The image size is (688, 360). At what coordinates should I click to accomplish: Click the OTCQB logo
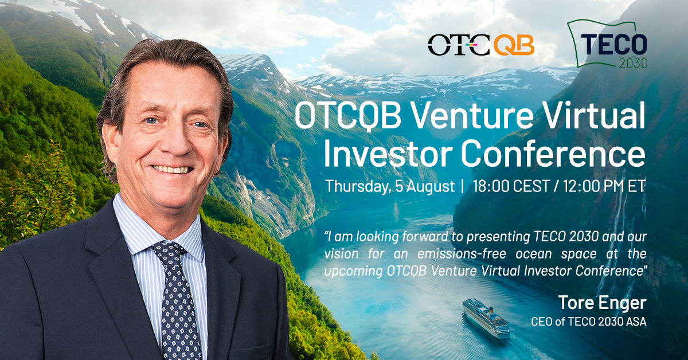481,45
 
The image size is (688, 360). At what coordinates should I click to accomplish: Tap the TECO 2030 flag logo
607,44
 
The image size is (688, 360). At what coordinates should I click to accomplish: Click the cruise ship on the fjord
486,318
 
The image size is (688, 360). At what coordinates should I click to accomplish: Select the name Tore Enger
603,303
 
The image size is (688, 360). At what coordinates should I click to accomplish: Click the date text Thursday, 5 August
390,186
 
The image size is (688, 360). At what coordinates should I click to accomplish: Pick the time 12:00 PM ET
604,186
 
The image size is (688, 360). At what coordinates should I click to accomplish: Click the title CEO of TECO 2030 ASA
589,322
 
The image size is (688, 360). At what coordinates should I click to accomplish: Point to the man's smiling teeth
171,169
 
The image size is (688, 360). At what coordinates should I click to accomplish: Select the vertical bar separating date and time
463,186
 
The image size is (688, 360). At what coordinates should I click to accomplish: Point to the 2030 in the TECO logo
633,63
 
